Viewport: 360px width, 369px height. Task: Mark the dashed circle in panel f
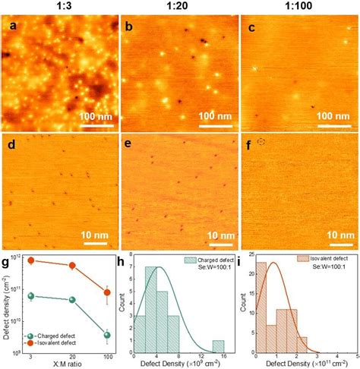click(262, 142)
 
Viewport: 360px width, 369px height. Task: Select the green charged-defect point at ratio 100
click(107, 334)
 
